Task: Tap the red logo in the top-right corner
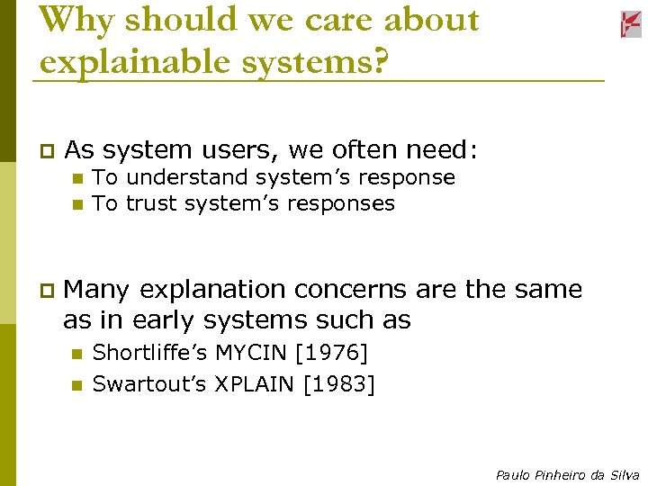click(x=630, y=24)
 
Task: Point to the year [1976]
click(x=336, y=353)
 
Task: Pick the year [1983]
click(x=339, y=384)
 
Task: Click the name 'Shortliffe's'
click(x=148, y=353)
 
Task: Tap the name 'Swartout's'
click(x=149, y=384)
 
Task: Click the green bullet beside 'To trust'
click(x=77, y=204)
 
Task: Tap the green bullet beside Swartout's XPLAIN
click(x=77, y=385)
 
